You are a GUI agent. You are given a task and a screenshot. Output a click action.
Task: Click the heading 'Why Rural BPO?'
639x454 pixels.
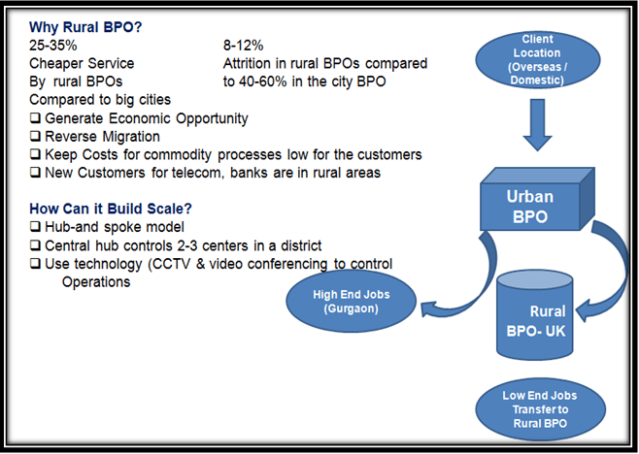click(85, 27)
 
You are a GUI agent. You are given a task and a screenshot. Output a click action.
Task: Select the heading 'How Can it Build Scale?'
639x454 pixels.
click(111, 209)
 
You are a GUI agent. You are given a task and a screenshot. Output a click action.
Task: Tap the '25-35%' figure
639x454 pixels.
click(53, 46)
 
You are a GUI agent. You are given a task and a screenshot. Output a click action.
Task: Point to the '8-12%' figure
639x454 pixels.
click(244, 46)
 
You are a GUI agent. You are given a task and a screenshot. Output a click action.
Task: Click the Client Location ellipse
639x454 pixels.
click(538, 59)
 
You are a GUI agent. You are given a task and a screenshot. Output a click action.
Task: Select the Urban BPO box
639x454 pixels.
click(537, 199)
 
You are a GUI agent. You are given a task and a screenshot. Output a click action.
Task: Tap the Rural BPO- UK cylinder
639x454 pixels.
click(535, 314)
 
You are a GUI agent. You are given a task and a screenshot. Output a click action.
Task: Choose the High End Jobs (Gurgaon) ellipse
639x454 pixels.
click(351, 302)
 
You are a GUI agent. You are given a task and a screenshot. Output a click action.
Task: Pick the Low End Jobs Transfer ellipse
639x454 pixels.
click(540, 409)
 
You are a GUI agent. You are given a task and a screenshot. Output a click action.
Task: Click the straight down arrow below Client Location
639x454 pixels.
click(538, 124)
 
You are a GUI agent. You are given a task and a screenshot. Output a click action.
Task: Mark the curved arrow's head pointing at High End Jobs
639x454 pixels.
click(428, 308)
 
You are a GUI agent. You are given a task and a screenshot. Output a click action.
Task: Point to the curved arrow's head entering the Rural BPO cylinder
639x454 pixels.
click(583, 311)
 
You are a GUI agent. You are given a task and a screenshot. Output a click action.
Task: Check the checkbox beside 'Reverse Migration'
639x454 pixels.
click(36, 136)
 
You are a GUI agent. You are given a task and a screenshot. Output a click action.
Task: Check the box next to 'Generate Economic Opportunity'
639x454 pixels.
click(36, 117)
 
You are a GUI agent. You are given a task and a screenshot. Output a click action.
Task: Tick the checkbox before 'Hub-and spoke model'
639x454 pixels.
click(36, 226)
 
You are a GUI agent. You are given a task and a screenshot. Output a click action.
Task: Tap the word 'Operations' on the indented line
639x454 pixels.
click(96, 281)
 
